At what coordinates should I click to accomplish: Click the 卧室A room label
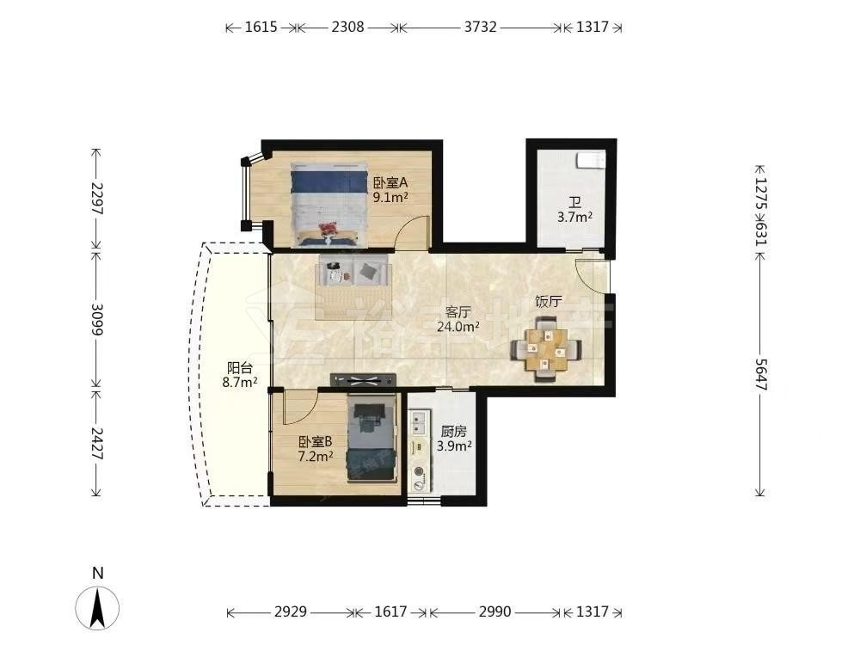(x=390, y=182)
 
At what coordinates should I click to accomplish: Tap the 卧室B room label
(x=316, y=441)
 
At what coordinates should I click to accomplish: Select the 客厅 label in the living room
(x=458, y=312)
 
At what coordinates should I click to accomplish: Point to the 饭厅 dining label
(x=549, y=301)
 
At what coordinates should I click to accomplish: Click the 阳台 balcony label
(x=240, y=368)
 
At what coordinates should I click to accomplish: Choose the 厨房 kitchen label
(x=454, y=432)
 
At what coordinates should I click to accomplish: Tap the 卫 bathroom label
(x=574, y=203)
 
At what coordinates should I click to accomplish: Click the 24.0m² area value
(x=458, y=327)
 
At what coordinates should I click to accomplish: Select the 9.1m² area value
(x=390, y=197)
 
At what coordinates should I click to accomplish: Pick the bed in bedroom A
(x=328, y=203)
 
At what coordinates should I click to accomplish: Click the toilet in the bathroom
(x=590, y=160)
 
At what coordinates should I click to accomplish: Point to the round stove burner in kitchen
(x=420, y=471)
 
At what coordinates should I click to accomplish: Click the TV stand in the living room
(x=363, y=379)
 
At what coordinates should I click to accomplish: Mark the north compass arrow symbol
(x=98, y=607)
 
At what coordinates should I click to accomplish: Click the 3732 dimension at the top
(x=481, y=27)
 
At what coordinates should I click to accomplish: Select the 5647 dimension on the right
(x=760, y=375)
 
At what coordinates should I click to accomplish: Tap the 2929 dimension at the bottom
(x=291, y=611)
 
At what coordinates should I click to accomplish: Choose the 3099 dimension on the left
(x=96, y=319)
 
